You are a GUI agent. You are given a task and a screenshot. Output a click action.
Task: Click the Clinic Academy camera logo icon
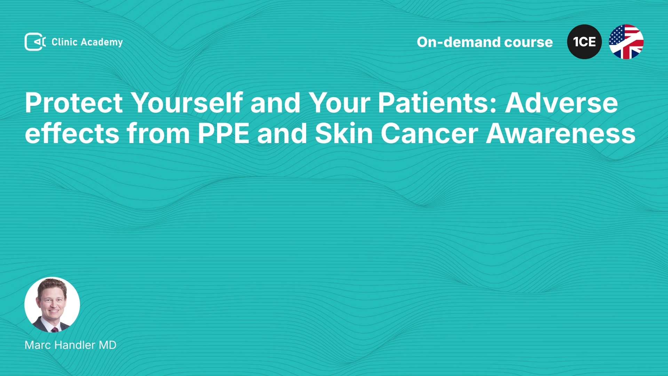pyautogui.click(x=35, y=42)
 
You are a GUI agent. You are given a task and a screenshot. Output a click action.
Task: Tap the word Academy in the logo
pyautogui.click(x=102, y=42)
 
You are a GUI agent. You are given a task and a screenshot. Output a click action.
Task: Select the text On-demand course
pyautogui.click(x=485, y=42)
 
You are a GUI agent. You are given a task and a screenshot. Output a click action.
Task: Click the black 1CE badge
pyautogui.click(x=584, y=42)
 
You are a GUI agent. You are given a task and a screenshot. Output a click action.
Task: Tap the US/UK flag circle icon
pyautogui.click(x=626, y=42)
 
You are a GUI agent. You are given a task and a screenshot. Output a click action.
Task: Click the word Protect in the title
pyautogui.click(x=74, y=103)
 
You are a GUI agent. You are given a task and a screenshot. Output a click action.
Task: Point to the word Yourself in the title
pyautogui.click(x=186, y=103)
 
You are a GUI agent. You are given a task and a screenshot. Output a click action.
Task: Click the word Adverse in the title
pyautogui.click(x=562, y=103)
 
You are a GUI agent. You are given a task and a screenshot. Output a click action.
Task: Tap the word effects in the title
pyautogui.click(x=72, y=133)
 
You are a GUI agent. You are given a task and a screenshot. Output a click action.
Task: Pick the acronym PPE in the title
pyautogui.click(x=223, y=133)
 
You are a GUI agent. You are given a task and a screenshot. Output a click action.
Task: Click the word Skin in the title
pyautogui.click(x=344, y=133)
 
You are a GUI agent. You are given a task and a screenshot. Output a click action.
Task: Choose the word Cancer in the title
pyautogui.click(x=430, y=133)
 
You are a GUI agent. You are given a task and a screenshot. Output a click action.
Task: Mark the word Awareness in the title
pyautogui.click(x=561, y=133)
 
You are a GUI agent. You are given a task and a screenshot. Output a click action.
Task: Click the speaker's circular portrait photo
pyautogui.click(x=52, y=305)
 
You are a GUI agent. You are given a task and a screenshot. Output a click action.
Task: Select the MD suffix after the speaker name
pyautogui.click(x=108, y=345)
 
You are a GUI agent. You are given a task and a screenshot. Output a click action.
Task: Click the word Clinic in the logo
pyautogui.click(x=64, y=42)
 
